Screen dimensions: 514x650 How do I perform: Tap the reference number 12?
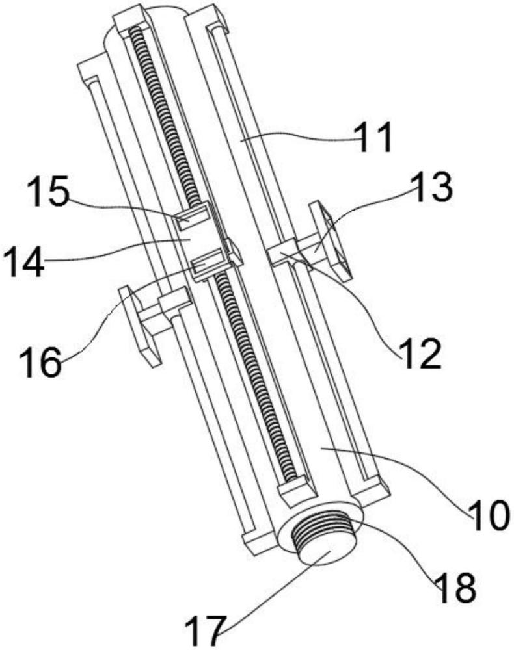pos(420,353)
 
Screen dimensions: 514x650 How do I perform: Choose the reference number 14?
pos(23,262)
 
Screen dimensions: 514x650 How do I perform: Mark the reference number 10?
pos(489,515)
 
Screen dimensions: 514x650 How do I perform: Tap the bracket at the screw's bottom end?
pos(297,490)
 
